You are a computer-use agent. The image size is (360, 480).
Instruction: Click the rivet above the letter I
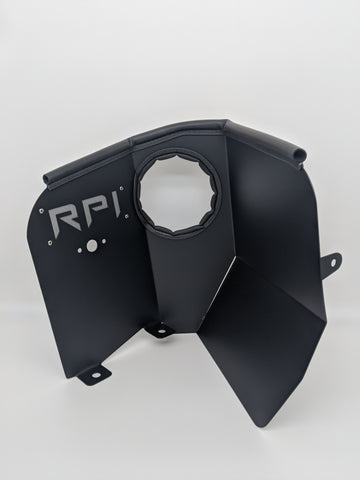(121, 189)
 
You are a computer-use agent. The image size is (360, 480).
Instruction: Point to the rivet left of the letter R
(41, 210)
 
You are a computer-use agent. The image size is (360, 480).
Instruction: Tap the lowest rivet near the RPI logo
(50, 243)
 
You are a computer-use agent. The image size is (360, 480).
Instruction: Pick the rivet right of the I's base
(127, 217)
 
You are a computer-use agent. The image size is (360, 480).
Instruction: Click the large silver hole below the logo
(91, 246)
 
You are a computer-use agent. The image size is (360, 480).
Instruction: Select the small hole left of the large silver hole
(80, 249)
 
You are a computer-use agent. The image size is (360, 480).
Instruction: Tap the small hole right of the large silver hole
(104, 241)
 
